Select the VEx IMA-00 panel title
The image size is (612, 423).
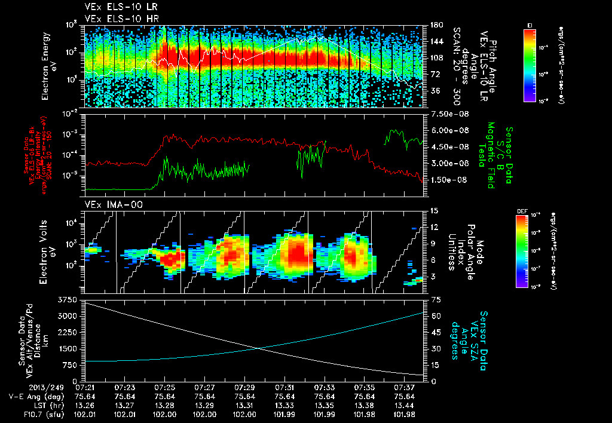(108, 205)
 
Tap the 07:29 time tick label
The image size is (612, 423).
(245, 387)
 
